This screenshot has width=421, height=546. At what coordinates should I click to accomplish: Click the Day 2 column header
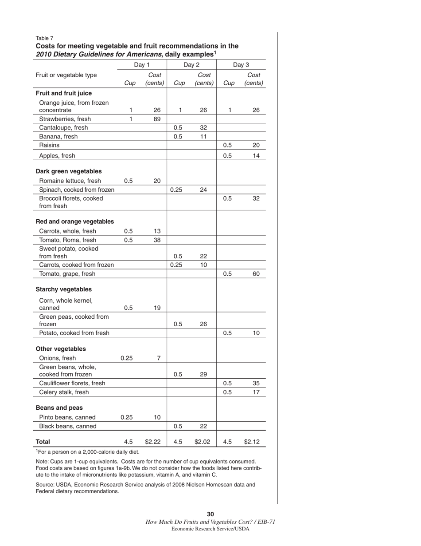[191, 65]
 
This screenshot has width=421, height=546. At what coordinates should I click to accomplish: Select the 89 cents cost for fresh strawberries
[157, 119]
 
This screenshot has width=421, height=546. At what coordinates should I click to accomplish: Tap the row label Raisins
[49, 145]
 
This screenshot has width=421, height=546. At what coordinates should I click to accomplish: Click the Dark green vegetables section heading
[69, 171]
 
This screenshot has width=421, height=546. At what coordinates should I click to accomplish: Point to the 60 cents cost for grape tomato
[256, 274]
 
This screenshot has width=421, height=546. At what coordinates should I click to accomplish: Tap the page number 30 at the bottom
[210, 514]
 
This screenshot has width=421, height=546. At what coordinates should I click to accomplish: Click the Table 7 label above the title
[44, 38]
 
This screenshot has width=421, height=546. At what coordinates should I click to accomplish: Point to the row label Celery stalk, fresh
[64, 392]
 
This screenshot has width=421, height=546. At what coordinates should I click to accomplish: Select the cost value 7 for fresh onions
[159, 358]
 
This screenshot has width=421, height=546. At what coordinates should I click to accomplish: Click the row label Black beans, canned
[68, 426]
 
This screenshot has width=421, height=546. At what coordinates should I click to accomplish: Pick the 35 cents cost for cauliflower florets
[256, 384]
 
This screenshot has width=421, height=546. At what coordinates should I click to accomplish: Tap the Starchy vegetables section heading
[64, 289]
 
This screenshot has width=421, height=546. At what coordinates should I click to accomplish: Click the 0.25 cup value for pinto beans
[127, 417]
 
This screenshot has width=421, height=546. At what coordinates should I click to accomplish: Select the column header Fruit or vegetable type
[66, 75]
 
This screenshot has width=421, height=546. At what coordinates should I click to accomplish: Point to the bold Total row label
[43, 442]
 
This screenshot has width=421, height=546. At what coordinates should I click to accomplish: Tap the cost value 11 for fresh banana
[203, 136]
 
